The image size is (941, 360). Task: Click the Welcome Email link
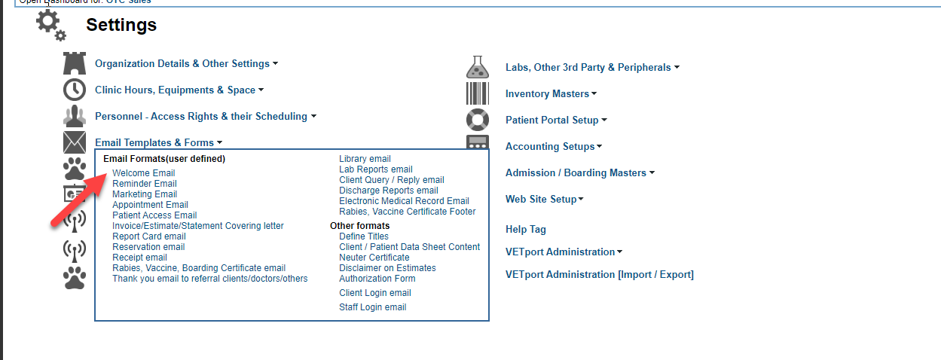click(143, 173)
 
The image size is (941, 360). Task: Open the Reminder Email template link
click(145, 184)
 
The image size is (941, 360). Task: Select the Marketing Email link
click(145, 194)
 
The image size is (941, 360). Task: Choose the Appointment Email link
click(150, 205)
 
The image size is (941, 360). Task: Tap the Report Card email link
click(148, 236)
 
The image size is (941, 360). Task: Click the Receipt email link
click(139, 258)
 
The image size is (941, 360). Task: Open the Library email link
click(365, 159)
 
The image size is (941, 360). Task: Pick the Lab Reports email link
click(375, 169)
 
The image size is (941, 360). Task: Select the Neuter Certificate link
click(374, 258)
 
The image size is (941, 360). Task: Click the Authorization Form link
click(377, 279)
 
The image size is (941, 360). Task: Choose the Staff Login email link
click(372, 307)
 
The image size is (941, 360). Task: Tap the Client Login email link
click(374, 293)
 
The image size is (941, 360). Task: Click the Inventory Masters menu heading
click(547, 94)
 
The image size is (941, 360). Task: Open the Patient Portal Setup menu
click(551, 121)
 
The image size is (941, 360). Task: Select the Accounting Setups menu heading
click(549, 147)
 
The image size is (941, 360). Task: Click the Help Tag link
click(525, 230)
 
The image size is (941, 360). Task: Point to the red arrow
click(78, 200)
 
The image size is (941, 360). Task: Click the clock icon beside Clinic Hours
click(75, 90)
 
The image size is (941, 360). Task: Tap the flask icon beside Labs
click(477, 68)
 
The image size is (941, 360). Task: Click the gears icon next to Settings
click(50, 26)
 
